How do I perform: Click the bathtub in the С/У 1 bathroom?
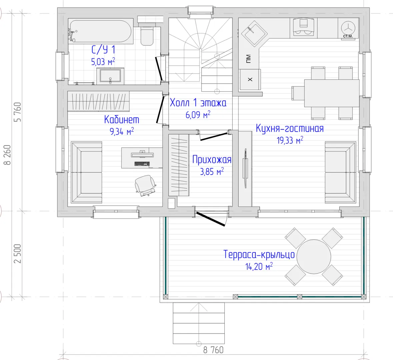100,31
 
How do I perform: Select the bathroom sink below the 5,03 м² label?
110,75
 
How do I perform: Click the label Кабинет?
122,120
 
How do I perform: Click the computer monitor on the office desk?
142,155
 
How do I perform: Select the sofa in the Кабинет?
86,172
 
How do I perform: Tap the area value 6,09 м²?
198,115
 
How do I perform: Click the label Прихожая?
212,160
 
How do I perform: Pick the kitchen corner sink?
254,34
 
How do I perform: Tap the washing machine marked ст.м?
348,28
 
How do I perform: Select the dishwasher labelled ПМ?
249,58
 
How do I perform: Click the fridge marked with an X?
250,79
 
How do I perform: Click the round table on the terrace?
314,256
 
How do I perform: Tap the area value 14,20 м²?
259,266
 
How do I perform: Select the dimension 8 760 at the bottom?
213,350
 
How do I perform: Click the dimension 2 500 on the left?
18,253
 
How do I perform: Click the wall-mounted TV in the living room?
245,168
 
